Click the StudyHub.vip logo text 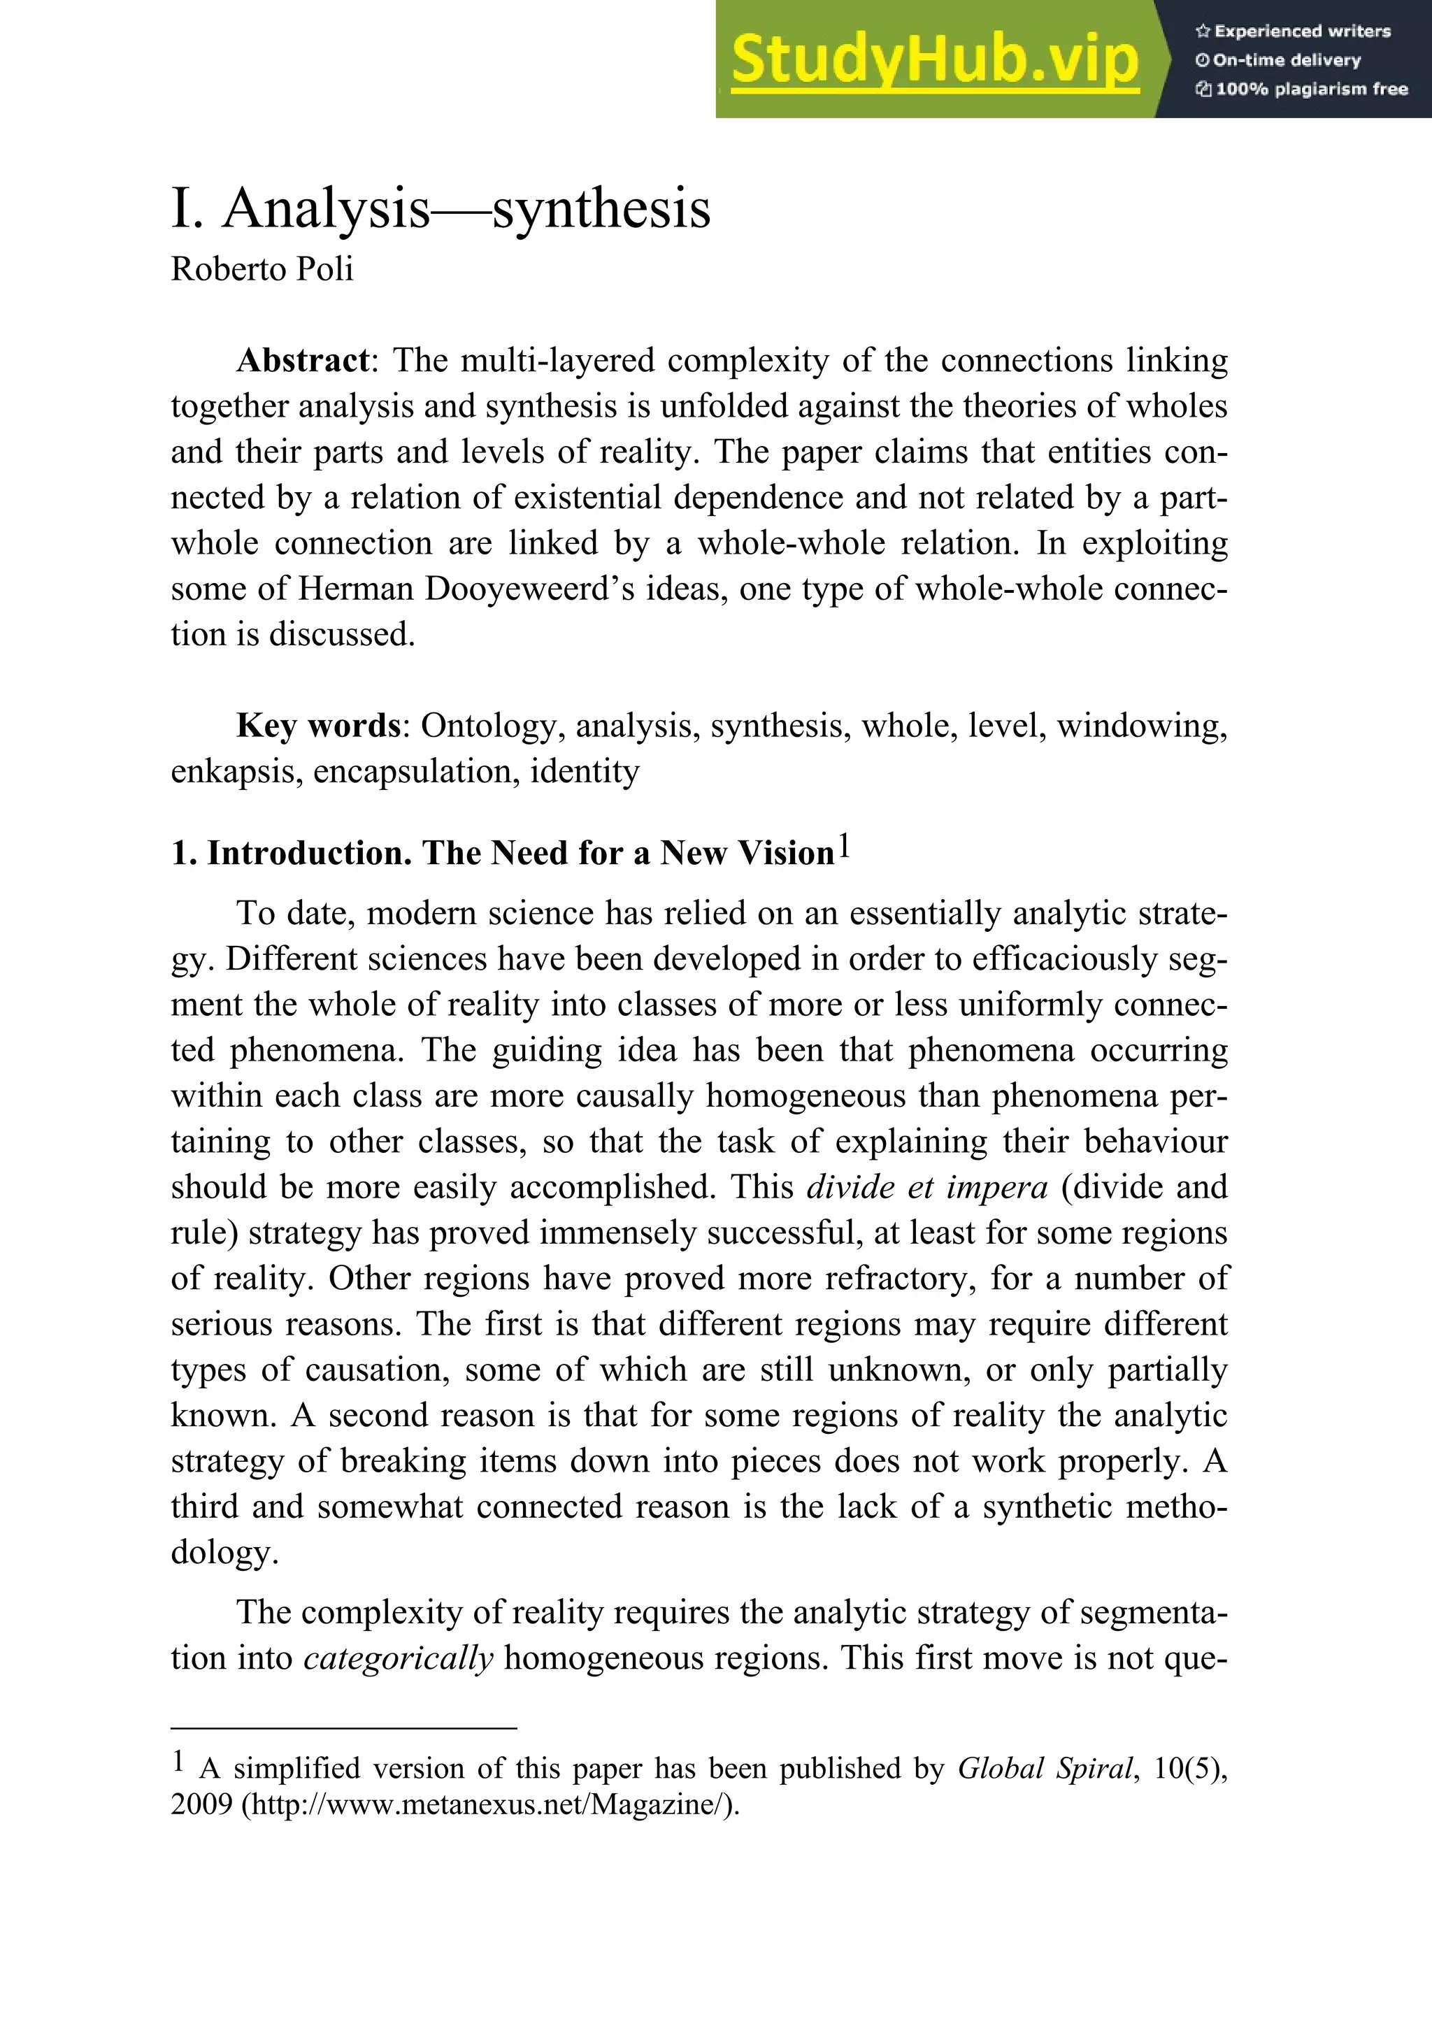933,60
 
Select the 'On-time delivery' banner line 1286,60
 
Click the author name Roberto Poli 262,269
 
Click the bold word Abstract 303,361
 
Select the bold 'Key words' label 317,726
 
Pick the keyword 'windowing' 1142,726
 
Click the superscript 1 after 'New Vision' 845,845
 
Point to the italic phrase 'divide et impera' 926,1188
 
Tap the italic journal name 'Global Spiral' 1045,1768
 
